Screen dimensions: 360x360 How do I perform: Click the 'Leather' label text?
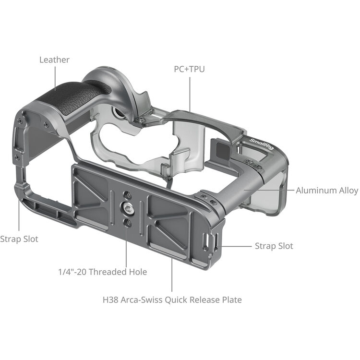click(54, 60)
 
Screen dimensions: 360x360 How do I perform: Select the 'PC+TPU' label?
click(189, 69)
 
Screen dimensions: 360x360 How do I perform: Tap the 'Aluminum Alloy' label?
click(326, 191)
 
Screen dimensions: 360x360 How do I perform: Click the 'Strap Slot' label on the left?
click(19, 239)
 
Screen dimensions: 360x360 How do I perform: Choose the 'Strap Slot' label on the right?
click(273, 246)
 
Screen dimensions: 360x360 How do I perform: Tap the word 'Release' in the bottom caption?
click(208, 300)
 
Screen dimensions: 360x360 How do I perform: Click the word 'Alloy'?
click(347, 191)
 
